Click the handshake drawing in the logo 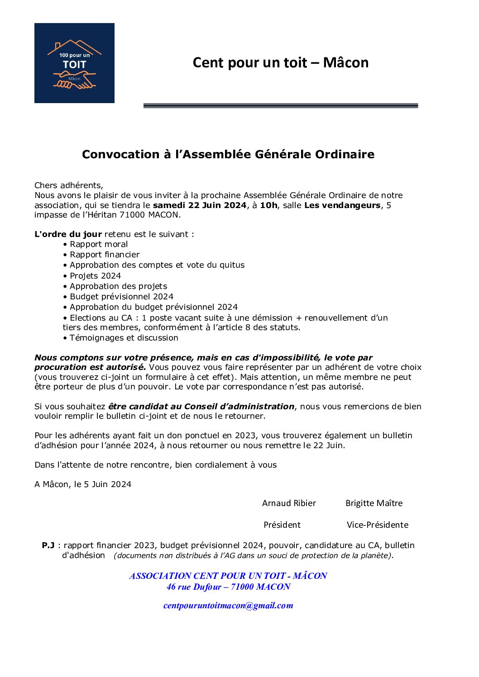74,81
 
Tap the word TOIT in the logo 74,65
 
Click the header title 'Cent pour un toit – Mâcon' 280,62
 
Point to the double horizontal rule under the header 280,105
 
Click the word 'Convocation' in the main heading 120,155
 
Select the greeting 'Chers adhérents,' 69,185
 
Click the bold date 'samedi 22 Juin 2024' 200,205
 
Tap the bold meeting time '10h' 268,205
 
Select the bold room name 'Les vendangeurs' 342,205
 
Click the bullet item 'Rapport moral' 99,244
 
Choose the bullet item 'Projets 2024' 95,276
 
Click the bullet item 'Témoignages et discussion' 124,338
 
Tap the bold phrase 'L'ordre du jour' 68,234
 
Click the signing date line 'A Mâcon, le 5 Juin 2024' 83,484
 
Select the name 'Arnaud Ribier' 289,503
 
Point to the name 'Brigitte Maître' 374,503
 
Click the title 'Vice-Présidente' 377,525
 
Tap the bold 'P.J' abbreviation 48,545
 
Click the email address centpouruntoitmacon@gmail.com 228,606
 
